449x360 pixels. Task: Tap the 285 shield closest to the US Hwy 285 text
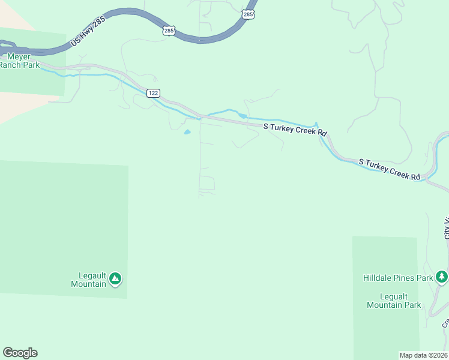click(169, 30)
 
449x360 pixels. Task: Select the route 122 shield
click(154, 93)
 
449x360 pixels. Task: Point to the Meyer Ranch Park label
click(19, 60)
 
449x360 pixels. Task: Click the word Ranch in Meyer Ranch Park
click(11, 65)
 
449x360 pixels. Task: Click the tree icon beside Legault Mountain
click(115, 278)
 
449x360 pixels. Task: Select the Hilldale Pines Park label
click(398, 278)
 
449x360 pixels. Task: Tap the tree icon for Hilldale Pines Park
click(442, 277)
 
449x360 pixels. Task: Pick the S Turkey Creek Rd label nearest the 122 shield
click(297, 130)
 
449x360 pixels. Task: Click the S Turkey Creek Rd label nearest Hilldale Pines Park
click(390, 170)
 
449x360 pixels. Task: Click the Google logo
click(20, 353)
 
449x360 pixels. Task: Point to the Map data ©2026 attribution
click(423, 355)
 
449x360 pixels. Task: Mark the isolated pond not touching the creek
click(187, 132)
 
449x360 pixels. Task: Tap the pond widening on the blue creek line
click(242, 116)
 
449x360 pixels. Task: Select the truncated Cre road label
click(445, 323)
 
